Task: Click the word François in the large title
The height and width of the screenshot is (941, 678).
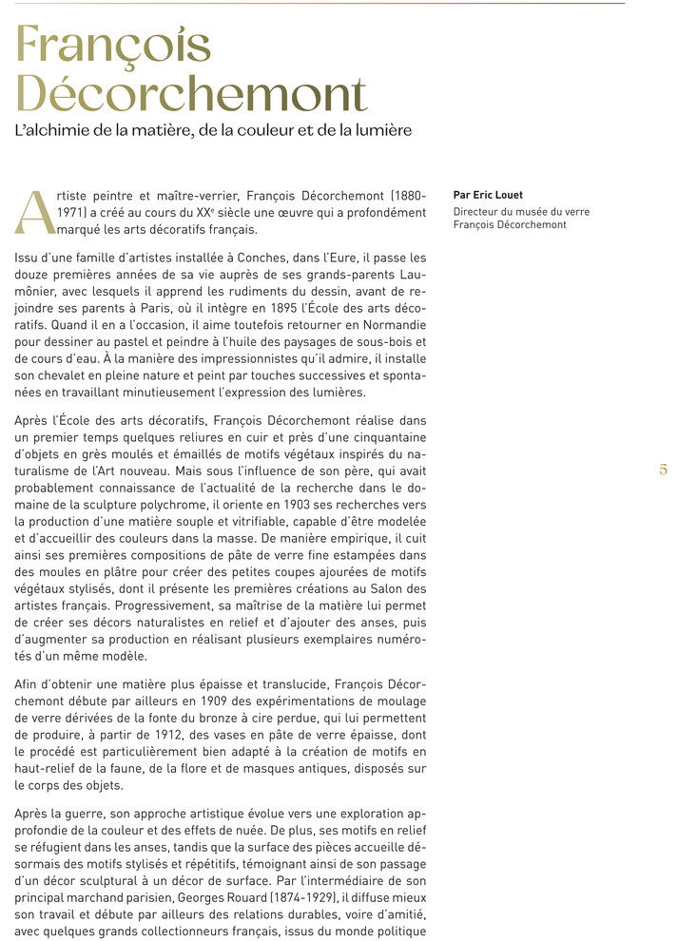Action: (x=113, y=46)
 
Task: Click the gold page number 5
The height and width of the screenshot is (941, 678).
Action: (x=662, y=470)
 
